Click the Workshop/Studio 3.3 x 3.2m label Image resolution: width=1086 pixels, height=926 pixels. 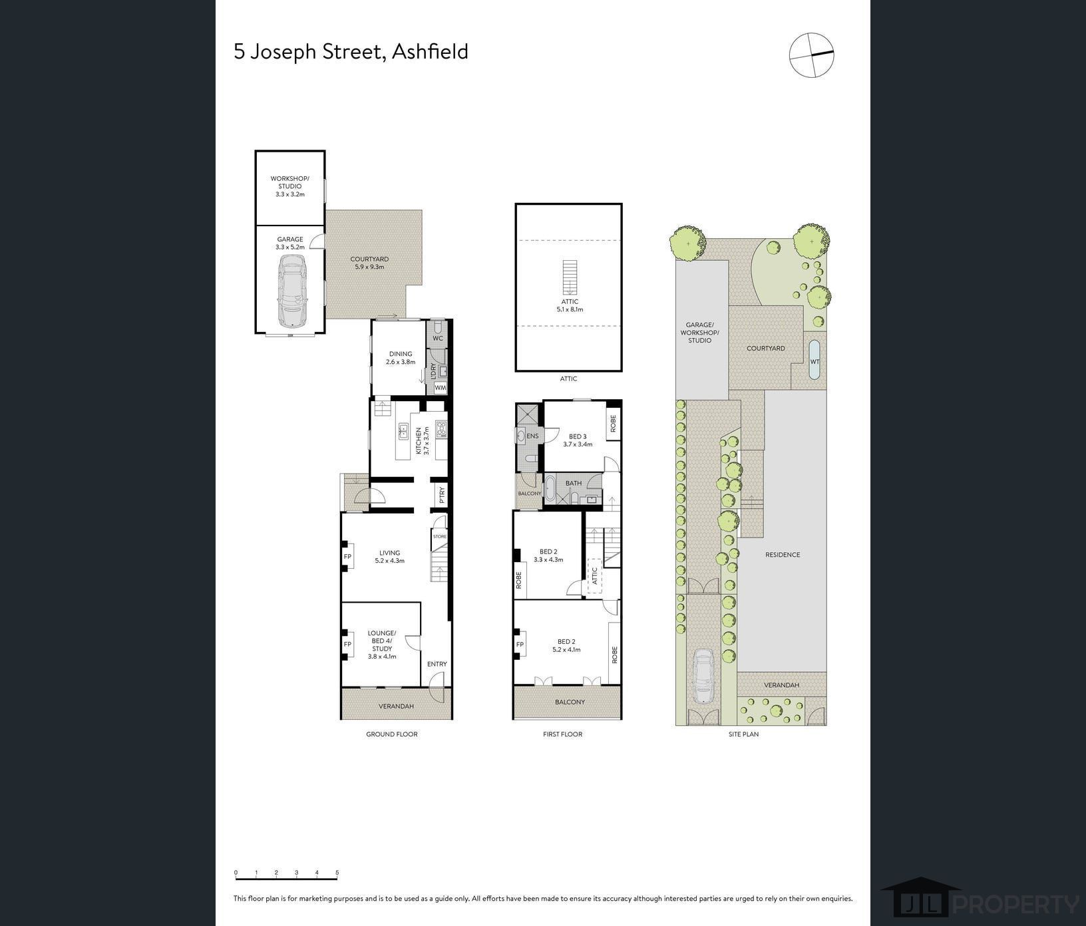click(x=290, y=186)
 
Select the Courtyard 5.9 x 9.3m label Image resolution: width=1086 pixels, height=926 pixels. click(x=369, y=263)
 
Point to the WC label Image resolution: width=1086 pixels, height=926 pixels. click(x=438, y=338)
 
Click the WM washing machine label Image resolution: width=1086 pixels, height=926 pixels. click(x=441, y=387)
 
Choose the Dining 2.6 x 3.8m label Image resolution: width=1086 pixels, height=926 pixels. click(x=401, y=358)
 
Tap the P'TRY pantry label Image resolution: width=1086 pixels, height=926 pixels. click(x=441, y=495)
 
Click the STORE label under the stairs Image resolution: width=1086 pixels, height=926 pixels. click(x=440, y=536)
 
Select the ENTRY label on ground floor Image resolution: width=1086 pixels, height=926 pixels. click(x=437, y=664)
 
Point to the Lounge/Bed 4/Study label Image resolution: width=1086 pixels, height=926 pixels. click(x=382, y=644)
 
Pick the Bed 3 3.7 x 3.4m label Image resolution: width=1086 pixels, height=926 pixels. click(x=578, y=440)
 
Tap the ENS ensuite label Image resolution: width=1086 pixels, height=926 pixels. click(x=532, y=436)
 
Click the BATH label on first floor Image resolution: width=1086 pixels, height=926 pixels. click(x=574, y=484)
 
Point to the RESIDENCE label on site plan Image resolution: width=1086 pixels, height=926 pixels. click(x=783, y=555)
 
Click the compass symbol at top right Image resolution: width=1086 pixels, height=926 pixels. click(x=811, y=55)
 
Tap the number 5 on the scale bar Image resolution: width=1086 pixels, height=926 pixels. click(x=337, y=873)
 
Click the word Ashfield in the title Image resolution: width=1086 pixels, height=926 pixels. click(x=430, y=51)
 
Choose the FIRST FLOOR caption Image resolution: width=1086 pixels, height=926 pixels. click(x=562, y=734)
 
